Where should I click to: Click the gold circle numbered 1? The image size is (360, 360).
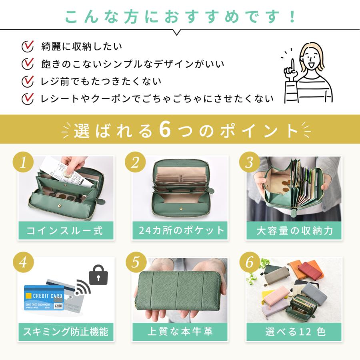pos(23,162)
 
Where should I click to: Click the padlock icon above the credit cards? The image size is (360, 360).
pos(98,275)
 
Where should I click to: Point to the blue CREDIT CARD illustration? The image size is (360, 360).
pos(44,298)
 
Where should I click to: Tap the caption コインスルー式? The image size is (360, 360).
pos(65,230)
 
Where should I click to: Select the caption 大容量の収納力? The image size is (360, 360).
pos(294,230)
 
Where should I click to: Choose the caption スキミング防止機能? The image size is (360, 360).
pos(66,332)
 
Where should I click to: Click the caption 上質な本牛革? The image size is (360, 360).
pos(180,332)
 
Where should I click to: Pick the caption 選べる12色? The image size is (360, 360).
pos(296,332)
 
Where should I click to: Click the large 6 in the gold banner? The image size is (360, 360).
pos(165,130)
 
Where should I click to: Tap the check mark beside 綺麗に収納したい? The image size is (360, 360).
pos(28,46)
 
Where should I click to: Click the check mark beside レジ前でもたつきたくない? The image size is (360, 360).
pos(28,81)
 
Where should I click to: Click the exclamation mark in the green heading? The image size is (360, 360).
pos(292,16)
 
